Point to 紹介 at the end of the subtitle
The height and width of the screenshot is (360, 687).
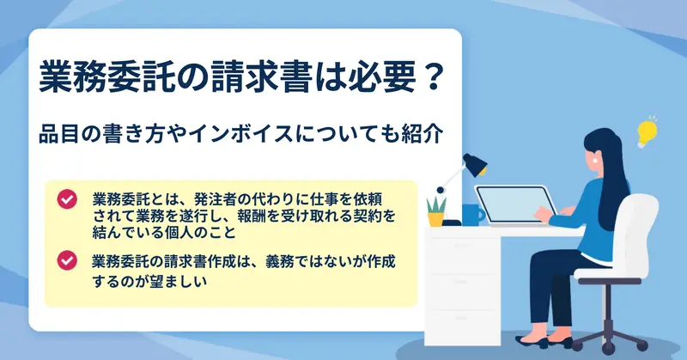point(423,133)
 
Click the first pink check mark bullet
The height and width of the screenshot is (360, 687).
point(67,199)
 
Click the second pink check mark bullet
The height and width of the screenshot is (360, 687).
point(67,260)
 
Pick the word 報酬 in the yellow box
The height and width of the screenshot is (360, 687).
point(252,216)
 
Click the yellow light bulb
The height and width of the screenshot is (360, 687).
point(647,132)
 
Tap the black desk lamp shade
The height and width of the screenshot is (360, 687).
point(475,164)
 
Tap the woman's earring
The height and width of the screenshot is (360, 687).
point(595,160)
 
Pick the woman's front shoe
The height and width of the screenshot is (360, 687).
point(532,341)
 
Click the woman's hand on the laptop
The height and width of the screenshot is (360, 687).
point(544,214)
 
